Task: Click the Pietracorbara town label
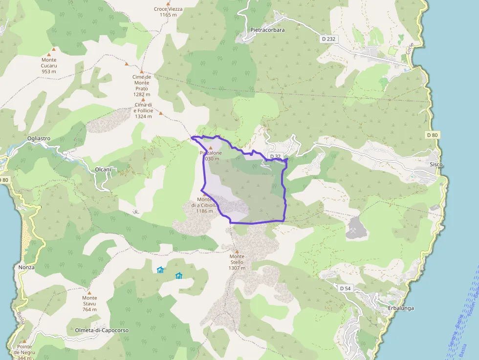tap(267, 30)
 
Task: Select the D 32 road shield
tap(275, 157)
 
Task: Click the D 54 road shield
tap(345, 288)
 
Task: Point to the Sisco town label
tap(436, 165)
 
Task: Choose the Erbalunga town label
tap(401, 308)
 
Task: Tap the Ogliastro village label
tap(39, 138)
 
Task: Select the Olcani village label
tap(103, 169)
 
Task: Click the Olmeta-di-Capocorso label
tap(102, 330)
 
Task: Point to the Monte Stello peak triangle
tap(237, 252)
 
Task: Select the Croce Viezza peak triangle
tap(168, 3)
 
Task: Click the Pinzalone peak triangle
tap(211, 148)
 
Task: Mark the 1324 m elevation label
tap(144, 116)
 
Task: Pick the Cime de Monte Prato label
tap(142, 83)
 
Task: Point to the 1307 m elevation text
tap(237, 268)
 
